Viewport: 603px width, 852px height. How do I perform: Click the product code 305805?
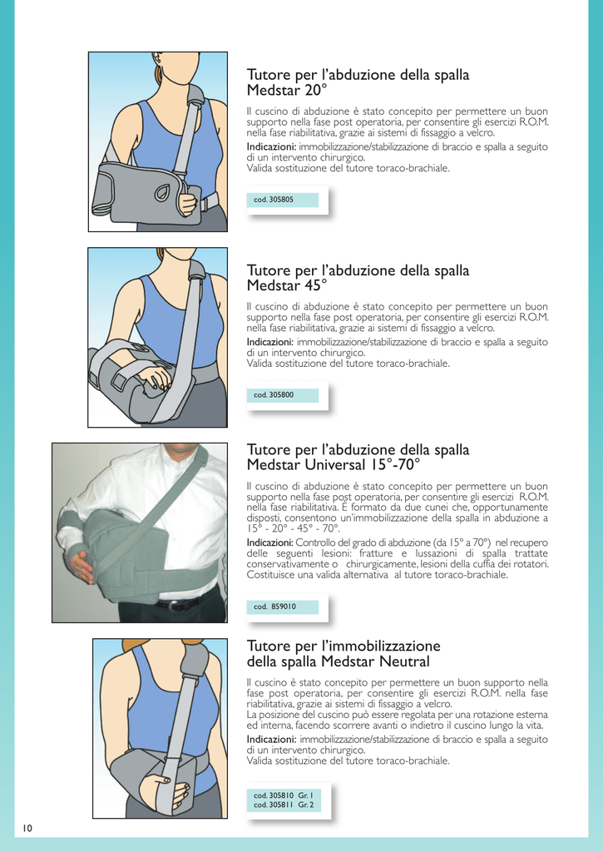pos(274,200)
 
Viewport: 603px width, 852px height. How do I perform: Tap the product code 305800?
pos(274,395)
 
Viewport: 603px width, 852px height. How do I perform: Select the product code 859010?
pos(274,607)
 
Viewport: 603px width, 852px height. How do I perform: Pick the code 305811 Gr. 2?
pos(284,805)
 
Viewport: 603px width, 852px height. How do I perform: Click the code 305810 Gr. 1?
pos(284,796)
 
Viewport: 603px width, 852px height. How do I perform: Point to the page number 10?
pos(27,829)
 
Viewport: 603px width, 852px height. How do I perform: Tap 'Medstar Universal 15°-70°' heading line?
pos(334,464)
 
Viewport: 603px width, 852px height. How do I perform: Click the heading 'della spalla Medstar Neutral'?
pos(338,661)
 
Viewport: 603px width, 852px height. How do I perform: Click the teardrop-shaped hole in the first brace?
pos(162,192)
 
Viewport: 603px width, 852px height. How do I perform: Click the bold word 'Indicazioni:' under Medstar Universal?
pos(270,542)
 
